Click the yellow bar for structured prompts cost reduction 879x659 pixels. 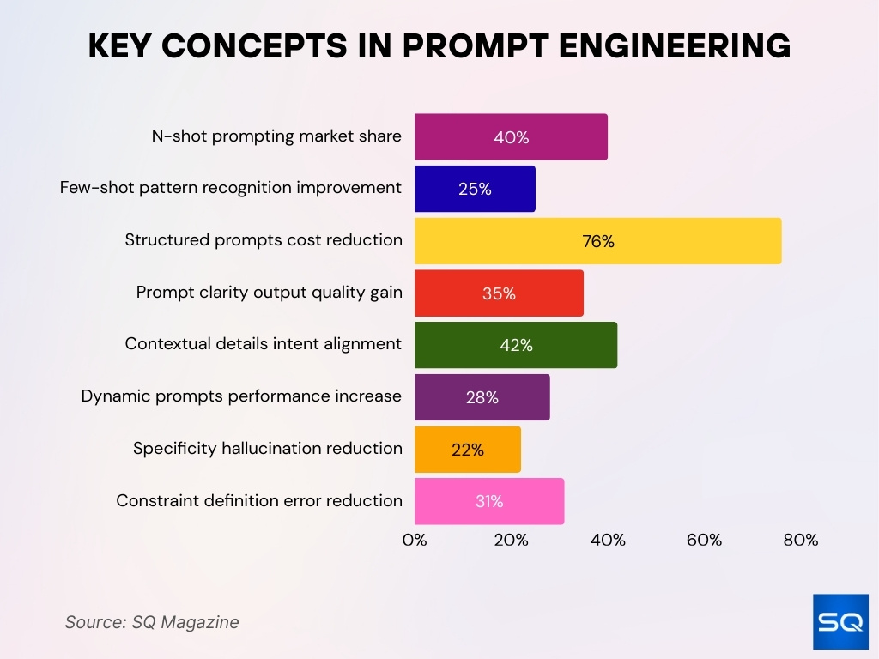point(597,241)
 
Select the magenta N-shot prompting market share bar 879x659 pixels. point(511,137)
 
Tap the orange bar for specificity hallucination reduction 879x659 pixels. point(468,450)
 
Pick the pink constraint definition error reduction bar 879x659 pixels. point(489,502)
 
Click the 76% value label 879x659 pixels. point(598,242)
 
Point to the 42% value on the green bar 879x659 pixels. point(516,346)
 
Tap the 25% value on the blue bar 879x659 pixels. point(475,190)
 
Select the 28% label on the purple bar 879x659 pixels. point(482,398)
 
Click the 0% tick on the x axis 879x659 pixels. point(415,541)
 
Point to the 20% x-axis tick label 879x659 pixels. point(511,541)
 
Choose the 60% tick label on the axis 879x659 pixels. point(704,541)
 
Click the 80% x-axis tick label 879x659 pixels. point(800,541)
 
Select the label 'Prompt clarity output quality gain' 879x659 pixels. point(269,293)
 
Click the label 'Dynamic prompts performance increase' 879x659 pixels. point(241,396)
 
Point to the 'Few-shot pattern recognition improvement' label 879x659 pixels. point(230,188)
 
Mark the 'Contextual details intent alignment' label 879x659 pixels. point(263,344)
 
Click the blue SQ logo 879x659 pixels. point(840,621)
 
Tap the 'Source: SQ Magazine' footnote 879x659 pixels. point(152,622)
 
